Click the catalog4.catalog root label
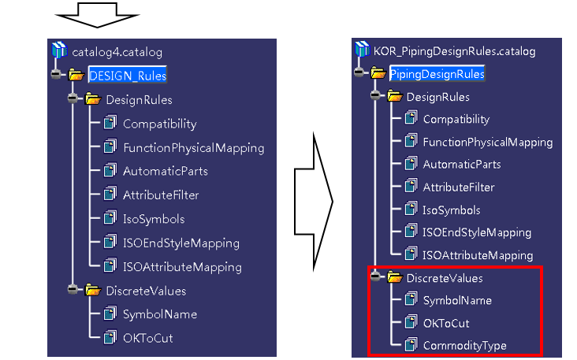pos(117,52)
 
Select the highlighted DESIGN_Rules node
pos(128,76)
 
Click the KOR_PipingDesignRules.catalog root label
pos(455,51)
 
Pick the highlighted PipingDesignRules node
pos(437,74)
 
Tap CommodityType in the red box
pos(465,346)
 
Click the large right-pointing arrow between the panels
pos(314,202)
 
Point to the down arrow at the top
pos(98,15)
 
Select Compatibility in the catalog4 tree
pos(160,124)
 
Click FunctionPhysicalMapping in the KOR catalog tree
pos(488,143)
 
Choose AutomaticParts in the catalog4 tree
pos(166,172)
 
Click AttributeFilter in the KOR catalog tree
pos(459,187)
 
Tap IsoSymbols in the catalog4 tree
pos(154,219)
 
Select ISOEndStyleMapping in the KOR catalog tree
pos(477,232)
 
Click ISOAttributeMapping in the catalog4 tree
pos(183,267)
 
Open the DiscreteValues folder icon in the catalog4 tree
pos(93,290)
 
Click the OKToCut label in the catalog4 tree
pos(148,338)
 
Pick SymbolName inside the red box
pos(457,301)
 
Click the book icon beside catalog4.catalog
pos(60,50)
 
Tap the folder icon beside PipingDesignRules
pos(378,72)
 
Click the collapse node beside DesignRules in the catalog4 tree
pos(73,98)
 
